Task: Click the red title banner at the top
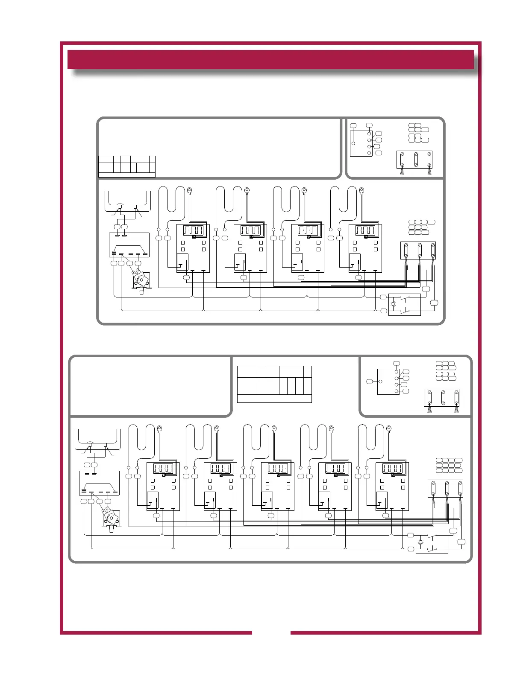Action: (x=270, y=59)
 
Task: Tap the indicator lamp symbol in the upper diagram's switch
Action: (x=394, y=304)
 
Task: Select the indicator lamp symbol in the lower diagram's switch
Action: (x=421, y=542)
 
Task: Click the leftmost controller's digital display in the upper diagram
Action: (x=193, y=230)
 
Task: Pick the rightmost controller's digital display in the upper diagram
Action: (x=365, y=230)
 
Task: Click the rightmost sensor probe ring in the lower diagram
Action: (x=388, y=428)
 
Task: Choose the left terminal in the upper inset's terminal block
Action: (x=402, y=159)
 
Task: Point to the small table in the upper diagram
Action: (x=126, y=166)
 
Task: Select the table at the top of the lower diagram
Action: (x=274, y=384)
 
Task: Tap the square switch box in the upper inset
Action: (x=361, y=143)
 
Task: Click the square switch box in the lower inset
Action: (x=388, y=382)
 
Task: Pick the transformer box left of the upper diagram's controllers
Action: (x=129, y=244)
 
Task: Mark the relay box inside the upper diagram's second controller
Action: (x=240, y=262)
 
